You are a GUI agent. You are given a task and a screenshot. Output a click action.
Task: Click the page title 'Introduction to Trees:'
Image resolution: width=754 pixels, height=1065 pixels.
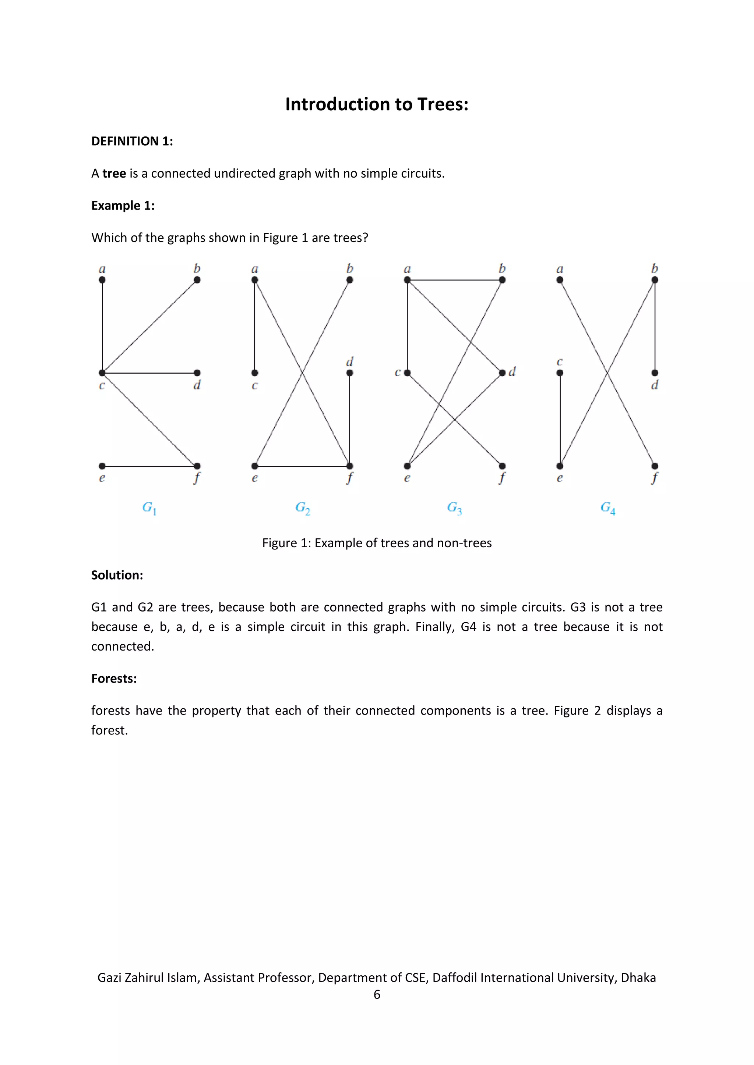click(x=377, y=104)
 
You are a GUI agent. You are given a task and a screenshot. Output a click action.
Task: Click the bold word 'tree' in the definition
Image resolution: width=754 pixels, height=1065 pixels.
click(x=114, y=174)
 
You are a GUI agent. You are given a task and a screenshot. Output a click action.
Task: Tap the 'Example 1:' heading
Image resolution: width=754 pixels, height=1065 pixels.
click(x=123, y=206)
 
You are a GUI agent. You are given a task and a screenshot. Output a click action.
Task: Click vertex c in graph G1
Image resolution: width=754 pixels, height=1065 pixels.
click(x=102, y=373)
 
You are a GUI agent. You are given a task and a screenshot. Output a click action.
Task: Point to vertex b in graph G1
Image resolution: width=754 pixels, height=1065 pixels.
click(x=197, y=280)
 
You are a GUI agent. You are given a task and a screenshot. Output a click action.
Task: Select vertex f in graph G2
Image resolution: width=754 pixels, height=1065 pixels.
click(x=350, y=466)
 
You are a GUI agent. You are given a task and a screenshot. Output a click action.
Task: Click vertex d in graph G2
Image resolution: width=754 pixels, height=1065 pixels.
click(x=350, y=373)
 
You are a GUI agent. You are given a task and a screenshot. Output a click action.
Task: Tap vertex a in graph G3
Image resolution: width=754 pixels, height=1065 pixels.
click(x=407, y=280)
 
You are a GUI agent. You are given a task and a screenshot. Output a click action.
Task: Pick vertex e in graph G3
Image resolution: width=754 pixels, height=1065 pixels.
click(x=407, y=466)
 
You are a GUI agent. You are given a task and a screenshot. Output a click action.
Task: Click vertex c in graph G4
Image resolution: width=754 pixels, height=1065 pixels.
click(x=560, y=373)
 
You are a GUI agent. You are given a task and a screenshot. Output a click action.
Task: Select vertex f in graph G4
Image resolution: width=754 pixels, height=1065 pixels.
click(x=655, y=466)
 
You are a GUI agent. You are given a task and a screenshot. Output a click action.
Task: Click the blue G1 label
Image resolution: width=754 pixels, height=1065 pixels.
click(x=149, y=508)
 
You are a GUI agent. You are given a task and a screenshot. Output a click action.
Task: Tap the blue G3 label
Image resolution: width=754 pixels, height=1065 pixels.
click(x=454, y=508)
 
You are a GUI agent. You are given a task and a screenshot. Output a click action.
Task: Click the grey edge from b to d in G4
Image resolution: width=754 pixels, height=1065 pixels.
click(x=655, y=327)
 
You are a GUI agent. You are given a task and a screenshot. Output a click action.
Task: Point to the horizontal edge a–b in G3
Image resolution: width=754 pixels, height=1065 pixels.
click(x=455, y=280)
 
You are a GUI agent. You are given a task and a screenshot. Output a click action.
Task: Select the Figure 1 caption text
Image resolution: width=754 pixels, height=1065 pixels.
click(x=377, y=543)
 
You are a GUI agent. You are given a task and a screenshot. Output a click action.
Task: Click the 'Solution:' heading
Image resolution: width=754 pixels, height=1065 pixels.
click(x=117, y=575)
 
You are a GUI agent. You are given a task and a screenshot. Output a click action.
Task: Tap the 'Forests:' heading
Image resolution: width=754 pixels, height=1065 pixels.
click(x=114, y=678)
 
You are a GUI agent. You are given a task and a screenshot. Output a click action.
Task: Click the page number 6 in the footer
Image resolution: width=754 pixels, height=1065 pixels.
click(x=377, y=994)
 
